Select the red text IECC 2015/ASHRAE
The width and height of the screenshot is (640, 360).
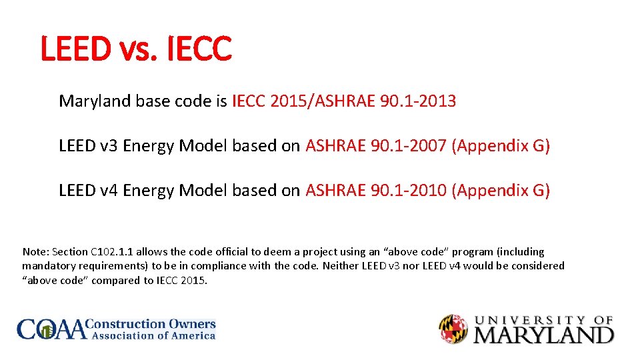coord(303,101)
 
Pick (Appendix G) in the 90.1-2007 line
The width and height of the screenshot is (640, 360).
coord(501,146)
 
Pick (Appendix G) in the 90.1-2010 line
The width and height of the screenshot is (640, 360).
coord(501,191)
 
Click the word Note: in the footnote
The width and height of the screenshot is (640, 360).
coord(35,252)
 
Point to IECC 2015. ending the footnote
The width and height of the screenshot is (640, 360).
coord(182,280)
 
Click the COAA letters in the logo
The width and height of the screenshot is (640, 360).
coord(52,329)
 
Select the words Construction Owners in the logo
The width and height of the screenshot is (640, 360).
coord(153,324)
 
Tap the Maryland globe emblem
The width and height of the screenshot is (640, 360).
coord(453,329)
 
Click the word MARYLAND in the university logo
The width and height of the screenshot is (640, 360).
coord(543,335)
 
